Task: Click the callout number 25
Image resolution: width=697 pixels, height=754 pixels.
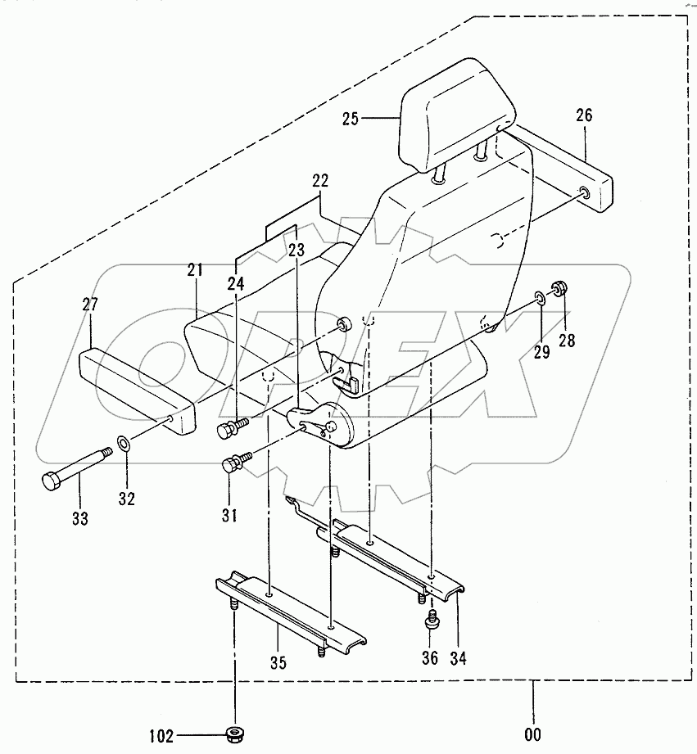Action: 351,120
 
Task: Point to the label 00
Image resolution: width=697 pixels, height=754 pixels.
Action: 532,734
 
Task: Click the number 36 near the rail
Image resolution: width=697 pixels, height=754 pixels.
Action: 430,657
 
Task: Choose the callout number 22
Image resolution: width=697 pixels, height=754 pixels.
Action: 319,180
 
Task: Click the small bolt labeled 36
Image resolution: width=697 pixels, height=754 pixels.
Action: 429,623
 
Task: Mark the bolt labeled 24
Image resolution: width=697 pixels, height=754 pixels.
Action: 230,427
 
